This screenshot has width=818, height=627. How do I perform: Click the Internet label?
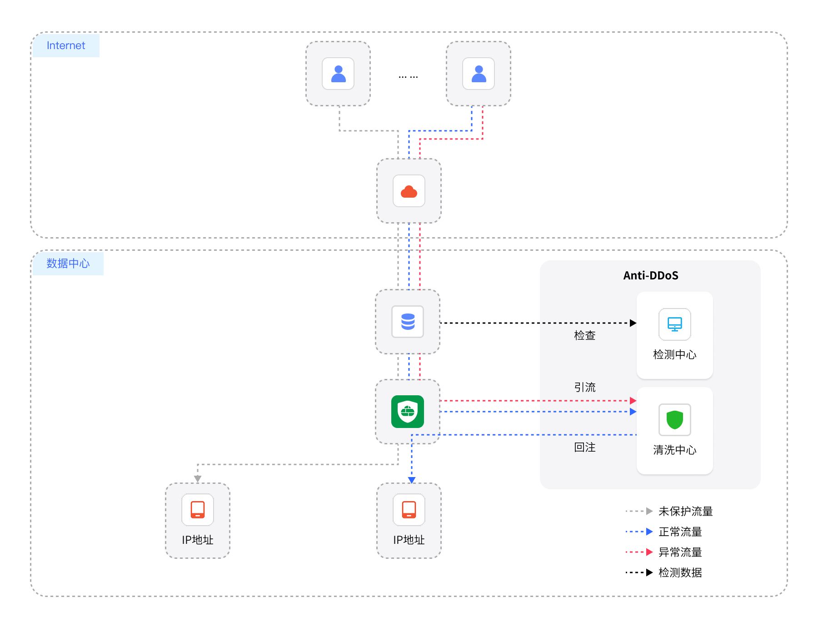[66, 45]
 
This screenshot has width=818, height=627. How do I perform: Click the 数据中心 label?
[68, 264]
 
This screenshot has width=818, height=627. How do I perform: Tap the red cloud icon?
[409, 191]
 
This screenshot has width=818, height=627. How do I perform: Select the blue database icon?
[408, 322]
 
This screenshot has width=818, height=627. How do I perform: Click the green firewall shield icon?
[408, 412]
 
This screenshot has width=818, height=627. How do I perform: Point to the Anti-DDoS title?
[650, 276]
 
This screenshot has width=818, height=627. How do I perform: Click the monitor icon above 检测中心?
[675, 324]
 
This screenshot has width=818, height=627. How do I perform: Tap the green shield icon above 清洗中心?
[675, 420]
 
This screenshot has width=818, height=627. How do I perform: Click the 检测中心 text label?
[675, 355]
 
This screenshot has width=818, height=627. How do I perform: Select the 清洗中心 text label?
[675, 450]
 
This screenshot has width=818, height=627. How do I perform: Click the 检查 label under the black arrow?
[585, 336]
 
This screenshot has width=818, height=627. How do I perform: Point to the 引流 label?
[585, 388]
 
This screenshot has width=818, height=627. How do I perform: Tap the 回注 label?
[585, 448]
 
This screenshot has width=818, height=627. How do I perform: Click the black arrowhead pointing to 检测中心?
[633, 323]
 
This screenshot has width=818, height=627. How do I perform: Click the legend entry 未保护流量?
[685, 512]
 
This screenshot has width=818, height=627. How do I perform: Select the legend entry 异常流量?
[680, 552]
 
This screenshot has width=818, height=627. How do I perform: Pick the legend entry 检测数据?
[680, 573]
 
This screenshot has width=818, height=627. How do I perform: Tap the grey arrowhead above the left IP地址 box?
[198, 478]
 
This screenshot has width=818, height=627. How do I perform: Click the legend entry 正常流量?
[680, 532]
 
